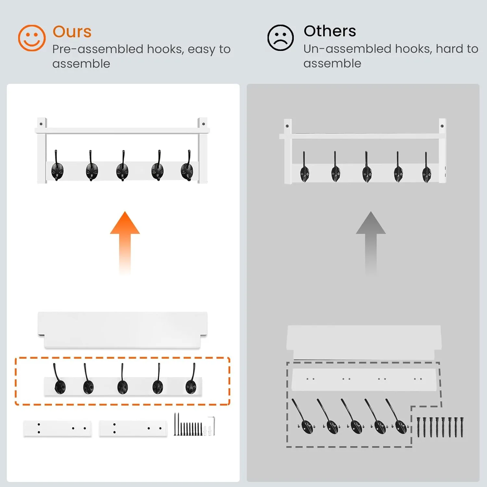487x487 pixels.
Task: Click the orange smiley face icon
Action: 31,38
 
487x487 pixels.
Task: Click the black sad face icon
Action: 281,38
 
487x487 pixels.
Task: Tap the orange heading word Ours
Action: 72,32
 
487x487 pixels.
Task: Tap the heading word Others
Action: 330,31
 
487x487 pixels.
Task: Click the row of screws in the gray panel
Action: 440,427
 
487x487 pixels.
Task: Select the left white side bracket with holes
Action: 57,429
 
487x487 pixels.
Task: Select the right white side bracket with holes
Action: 133,429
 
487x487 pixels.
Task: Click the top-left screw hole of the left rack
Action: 41,124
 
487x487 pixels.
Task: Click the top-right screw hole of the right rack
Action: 442,126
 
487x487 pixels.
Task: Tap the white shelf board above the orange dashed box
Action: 122,330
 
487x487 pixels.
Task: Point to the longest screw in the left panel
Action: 175,424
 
